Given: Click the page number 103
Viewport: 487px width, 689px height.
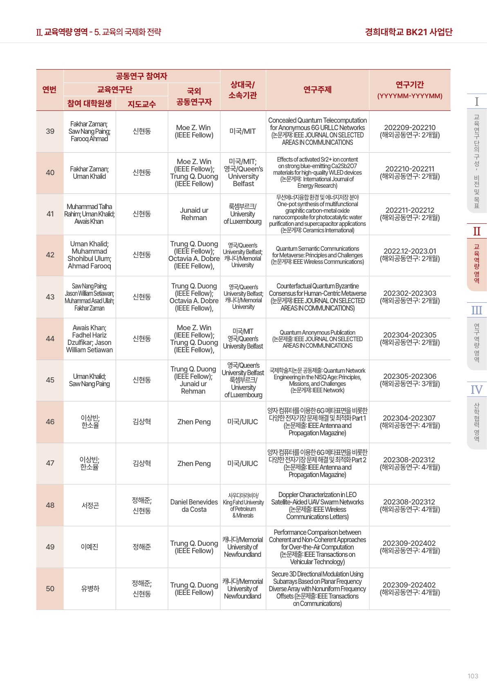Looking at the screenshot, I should click(x=473, y=676).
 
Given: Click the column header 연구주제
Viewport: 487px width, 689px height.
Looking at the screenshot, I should click(x=317, y=90).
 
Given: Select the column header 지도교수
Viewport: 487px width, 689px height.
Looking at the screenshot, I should click(x=141, y=104).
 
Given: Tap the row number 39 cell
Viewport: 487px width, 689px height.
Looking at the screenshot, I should click(x=50, y=131).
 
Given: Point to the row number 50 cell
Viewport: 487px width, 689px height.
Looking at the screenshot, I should click(x=50, y=588).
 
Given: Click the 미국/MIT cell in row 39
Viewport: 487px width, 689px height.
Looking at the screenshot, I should click(x=242, y=131).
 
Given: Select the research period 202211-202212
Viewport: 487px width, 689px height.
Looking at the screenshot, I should click(x=410, y=210).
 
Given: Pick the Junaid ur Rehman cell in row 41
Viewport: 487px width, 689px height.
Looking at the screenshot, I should click(x=194, y=214).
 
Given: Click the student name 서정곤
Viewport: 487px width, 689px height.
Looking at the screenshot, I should click(x=90, y=505).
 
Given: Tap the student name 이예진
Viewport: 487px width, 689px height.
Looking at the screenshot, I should click(x=90, y=547).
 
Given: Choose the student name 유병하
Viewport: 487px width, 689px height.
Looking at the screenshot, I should click(x=90, y=588).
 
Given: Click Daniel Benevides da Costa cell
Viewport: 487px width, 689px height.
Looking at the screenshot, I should click(x=194, y=505).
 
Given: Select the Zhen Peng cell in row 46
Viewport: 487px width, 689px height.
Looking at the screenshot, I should click(x=194, y=422).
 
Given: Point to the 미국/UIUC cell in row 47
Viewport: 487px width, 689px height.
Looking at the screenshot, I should click(x=242, y=464).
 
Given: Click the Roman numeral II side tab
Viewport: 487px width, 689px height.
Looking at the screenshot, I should click(x=476, y=232).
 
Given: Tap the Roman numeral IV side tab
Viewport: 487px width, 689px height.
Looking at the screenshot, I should click(x=476, y=390).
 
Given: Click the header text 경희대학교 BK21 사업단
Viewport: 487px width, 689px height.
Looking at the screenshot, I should click(x=408, y=32).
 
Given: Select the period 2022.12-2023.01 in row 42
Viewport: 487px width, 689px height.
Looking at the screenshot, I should click(x=410, y=251).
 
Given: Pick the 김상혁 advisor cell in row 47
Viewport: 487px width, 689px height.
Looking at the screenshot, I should click(x=141, y=464).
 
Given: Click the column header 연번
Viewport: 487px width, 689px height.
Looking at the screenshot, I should click(x=49, y=90).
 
